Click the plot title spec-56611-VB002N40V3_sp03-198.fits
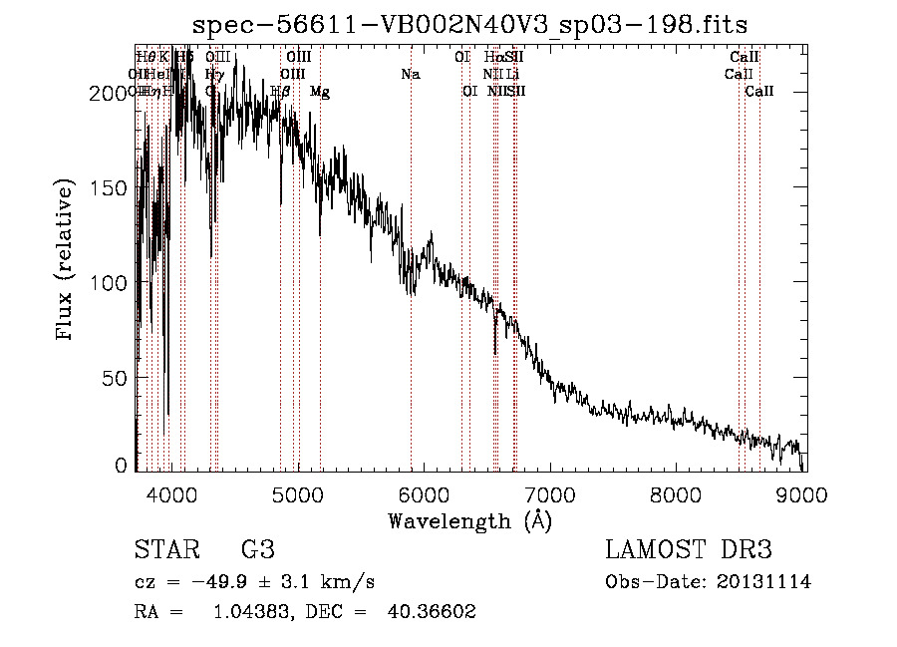click(469, 25)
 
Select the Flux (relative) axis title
click(67, 261)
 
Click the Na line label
click(411, 74)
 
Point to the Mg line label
click(320, 92)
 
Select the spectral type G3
click(256, 549)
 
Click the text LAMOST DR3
click(689, 549)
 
